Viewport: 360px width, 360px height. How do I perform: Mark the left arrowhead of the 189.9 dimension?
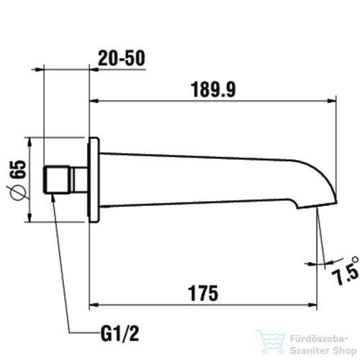94,102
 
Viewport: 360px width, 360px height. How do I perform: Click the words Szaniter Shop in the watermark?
317,346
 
